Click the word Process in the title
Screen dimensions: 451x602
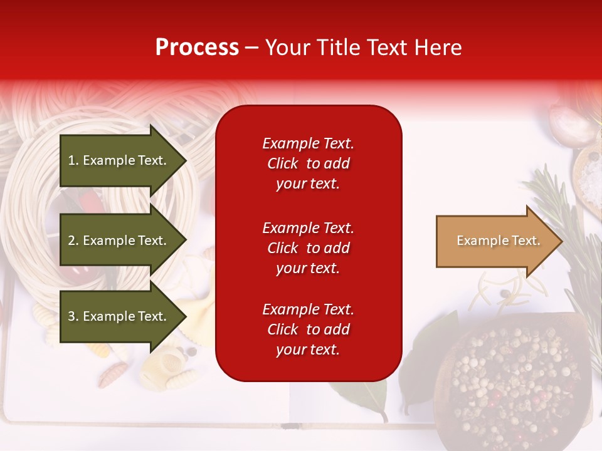point(197,48)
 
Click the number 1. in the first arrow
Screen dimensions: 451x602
point(73,160)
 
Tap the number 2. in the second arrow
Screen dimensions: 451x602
point(73,241)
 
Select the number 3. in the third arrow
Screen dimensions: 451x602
point(73,316)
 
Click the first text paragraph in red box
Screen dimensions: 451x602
point(308,163)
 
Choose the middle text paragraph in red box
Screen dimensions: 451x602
point(308,248)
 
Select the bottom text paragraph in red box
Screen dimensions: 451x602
point(308,329)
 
